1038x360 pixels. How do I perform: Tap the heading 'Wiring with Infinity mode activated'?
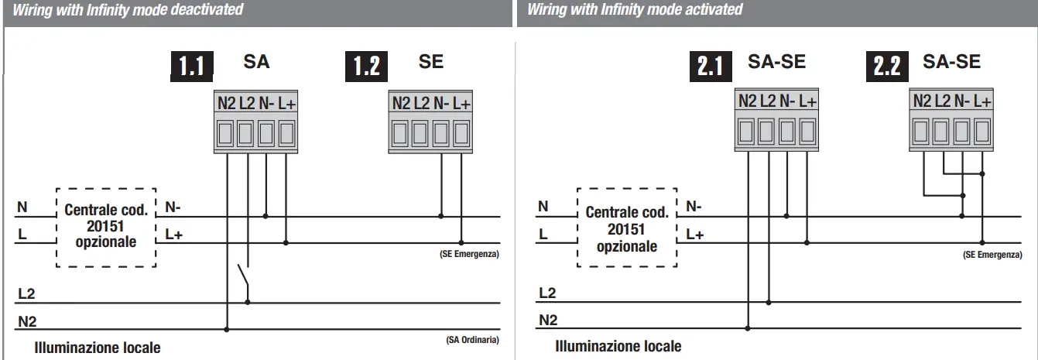[x=635, y=10]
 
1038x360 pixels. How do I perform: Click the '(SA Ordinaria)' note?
[x=472, y=340]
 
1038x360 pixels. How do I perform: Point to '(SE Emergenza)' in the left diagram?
[x=470, y=254]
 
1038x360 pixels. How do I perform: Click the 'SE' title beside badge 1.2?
[x=430, y=62]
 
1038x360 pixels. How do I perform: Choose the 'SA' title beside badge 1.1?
[x=256, y=62]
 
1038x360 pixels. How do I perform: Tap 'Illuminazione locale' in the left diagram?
[x=98, y=348]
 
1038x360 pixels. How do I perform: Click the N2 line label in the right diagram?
[x=547, y=320]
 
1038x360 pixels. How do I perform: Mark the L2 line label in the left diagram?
[x=26, y=294]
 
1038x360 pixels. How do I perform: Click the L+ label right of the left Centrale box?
[x=173, y=234]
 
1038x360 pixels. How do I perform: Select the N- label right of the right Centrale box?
[x=694, y=207]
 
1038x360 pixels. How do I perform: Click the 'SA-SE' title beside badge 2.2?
[x=951, y=62]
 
